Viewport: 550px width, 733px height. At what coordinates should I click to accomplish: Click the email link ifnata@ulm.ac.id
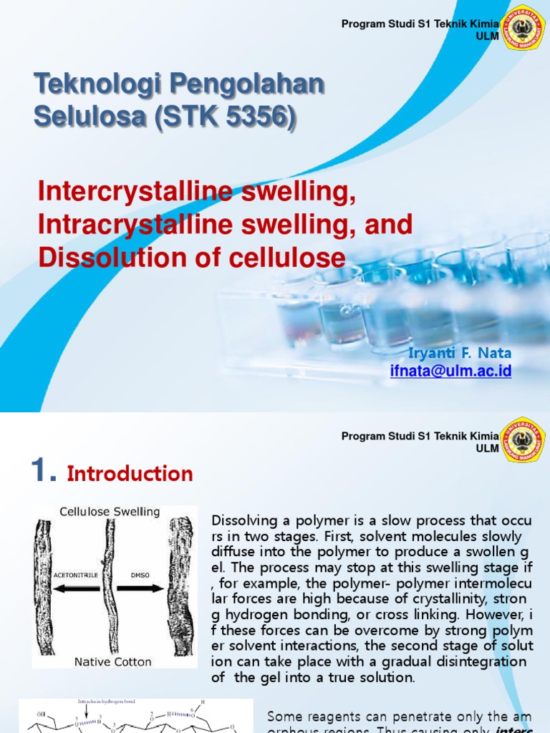[450, 371]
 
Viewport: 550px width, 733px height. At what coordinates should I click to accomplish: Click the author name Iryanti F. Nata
[460, 354]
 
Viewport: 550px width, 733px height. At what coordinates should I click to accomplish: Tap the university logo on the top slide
[524, 27]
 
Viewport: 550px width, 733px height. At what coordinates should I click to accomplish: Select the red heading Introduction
[130, 473]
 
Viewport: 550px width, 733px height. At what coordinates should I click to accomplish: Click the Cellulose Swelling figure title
[110, 512]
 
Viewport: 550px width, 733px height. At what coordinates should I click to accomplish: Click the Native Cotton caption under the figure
[113, 662]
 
